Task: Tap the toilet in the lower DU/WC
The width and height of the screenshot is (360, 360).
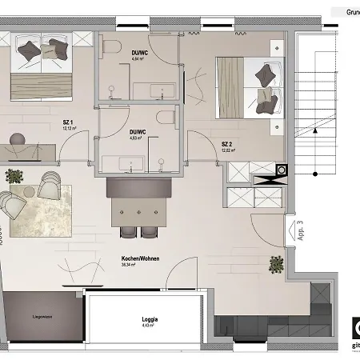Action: coord(165,118)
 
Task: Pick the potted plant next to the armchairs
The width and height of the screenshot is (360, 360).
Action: coord(13,175)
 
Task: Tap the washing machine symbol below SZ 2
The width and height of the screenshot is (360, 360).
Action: coord(282,170)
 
